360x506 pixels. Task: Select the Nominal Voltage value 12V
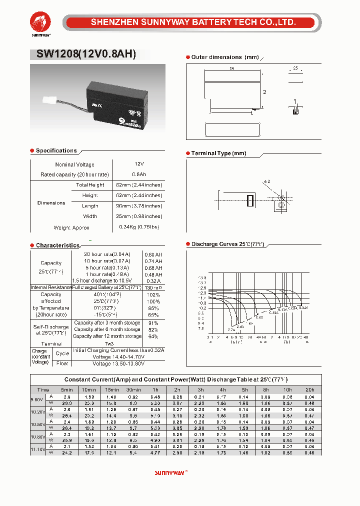click(139, 164)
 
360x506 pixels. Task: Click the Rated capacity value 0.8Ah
click(139, 174)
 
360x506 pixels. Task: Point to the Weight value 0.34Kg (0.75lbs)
click(139, 227)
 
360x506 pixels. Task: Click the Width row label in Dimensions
click(90, 216)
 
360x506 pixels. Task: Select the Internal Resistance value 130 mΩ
click(154, 287)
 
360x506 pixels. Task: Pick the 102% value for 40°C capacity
click(154, 294)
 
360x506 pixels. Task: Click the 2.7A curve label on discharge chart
click(231, 330)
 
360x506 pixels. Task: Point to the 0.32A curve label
click(273, 312)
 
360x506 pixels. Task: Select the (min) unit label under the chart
click(236, 342)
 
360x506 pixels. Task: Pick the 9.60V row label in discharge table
click(37, 399)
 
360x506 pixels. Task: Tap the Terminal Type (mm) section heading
click(219, 153)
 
